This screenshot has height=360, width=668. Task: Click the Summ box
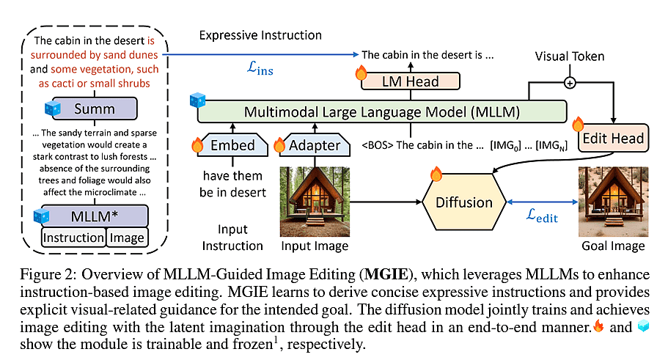pos(95,110)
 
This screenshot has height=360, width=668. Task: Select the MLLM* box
pos(95,216)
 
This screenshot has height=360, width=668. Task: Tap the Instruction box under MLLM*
pos(73,237)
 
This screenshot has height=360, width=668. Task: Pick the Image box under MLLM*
pos(126,237)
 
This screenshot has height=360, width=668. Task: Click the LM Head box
pos(411,81)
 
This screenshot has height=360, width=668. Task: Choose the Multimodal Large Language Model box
pos(381,112)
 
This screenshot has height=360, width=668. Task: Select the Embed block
pos(233,144)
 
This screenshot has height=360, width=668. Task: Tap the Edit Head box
pos(614,137)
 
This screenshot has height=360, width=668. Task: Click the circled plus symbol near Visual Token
pos(570,83)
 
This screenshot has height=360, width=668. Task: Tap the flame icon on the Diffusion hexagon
pos(436,175)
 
